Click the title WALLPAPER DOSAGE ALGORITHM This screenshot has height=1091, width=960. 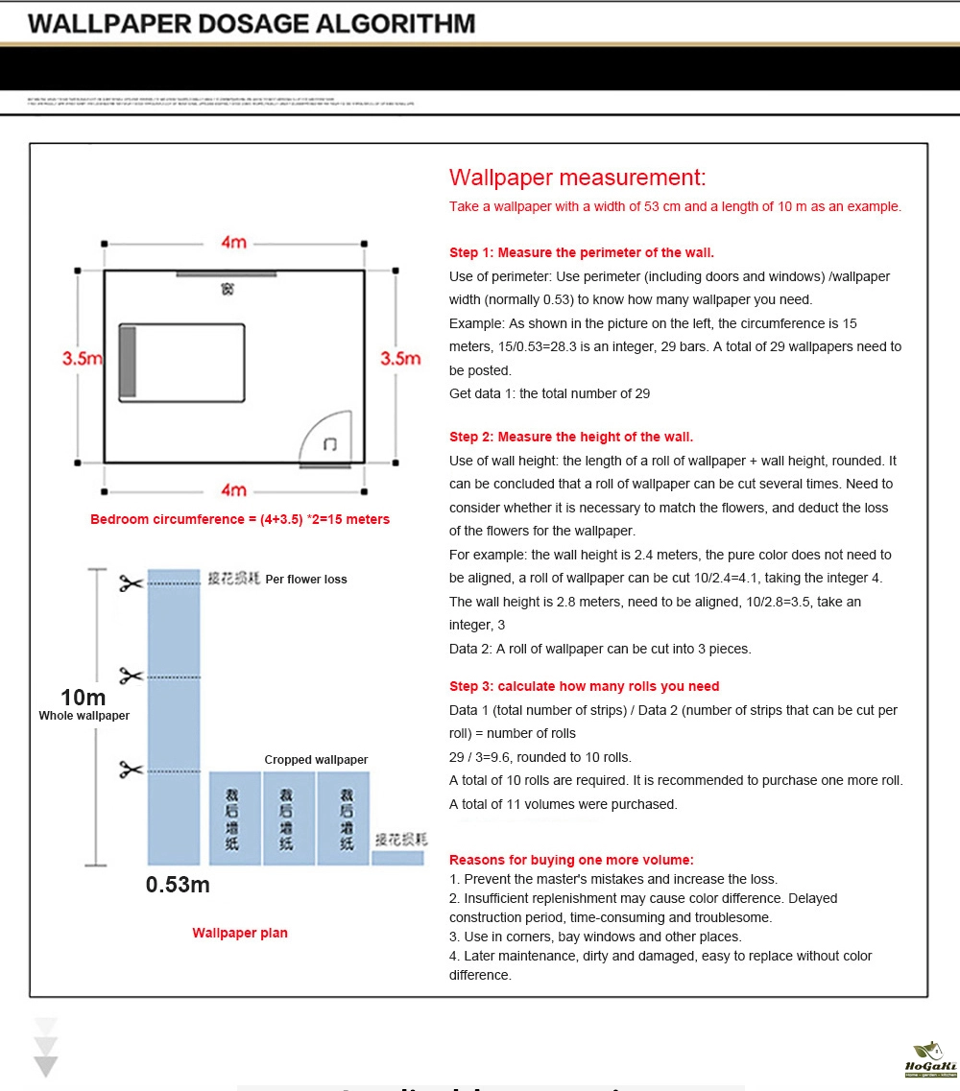[252, 24]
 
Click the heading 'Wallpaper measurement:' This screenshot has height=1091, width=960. [577, 178]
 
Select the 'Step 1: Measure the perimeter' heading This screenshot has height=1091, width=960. [582, 253]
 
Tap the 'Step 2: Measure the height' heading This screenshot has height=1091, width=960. [571, 437]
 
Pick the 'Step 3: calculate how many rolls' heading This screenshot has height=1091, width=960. [584, 686]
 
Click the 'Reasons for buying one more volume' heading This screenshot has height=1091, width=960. [571, 860]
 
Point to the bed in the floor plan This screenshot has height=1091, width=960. [181, 362]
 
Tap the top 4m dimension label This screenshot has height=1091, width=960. [233, 243]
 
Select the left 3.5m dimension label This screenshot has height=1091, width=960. [82, 358]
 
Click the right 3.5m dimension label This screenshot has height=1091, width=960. [400, 358]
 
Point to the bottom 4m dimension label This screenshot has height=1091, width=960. [233, 490]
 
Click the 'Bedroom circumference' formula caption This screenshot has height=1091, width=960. [240, 519]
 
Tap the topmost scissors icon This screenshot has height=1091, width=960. [131, 582]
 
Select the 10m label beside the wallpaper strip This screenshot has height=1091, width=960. [84, 698]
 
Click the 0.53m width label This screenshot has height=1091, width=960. [178, 885]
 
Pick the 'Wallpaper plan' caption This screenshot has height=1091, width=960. [240, 933]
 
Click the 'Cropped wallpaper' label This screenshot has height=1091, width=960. [316, 760]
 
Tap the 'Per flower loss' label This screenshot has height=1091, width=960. [306, 580]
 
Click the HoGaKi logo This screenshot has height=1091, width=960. [929, 1058]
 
